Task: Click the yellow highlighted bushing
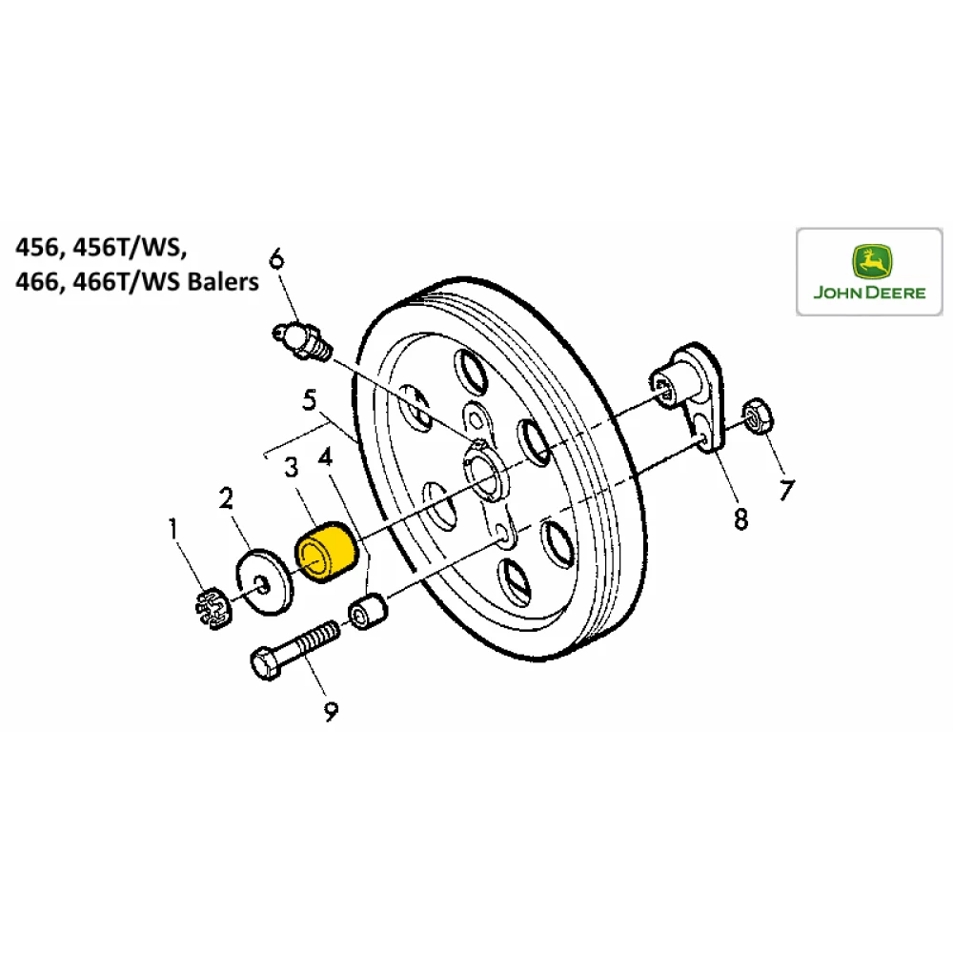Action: pyautogui.click(x=325, y=552)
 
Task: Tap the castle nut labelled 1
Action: pyautogui.click(x=212, y=610)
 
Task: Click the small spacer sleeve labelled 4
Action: pyautogui.click(x=368, y=612)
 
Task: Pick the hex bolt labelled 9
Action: pyautogui.click(x=295, y=649)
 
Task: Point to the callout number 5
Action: pyautogui.click(x=309, y=401)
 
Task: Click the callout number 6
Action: pyautogui.click(x=276, y=257)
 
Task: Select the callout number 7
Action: pyautogui.click(x=786, y=490)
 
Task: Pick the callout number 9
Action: pyautogui.click(x=330, y=711)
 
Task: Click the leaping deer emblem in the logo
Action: pyautogui.click(x=869, y=259)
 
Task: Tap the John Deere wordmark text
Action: pyautogui.click(x=869, y=293)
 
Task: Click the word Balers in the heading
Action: pyautogui.click(x=222, y=283)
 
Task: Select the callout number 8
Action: pyautogui.click(x=740, y=518)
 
